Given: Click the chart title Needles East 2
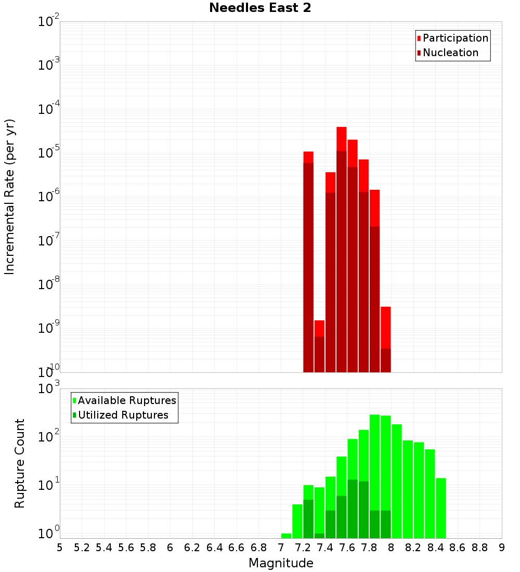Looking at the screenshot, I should click(260, 8).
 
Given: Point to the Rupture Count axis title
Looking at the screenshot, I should click(20, 463).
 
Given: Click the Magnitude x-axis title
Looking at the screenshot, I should click(281, 563).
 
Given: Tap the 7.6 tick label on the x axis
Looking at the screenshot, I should click(347, 548).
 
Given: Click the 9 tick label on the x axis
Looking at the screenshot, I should click(501, 548).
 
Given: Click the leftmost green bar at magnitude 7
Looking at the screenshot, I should click(286, 536).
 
